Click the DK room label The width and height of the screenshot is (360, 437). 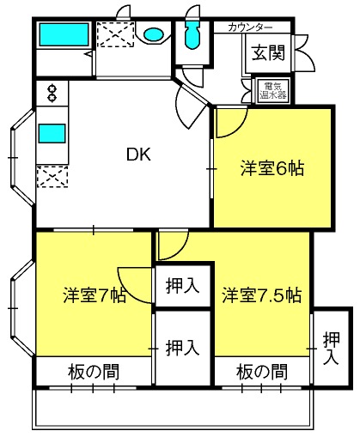138,155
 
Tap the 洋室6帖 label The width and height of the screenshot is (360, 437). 272,168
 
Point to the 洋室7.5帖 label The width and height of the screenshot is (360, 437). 262,294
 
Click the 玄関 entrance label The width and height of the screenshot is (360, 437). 268,52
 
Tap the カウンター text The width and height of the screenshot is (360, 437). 250,27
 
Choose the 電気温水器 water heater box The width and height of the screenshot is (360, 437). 273,90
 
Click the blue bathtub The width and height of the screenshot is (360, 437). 64,34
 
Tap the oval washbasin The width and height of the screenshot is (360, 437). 154,35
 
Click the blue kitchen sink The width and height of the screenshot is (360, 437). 52,133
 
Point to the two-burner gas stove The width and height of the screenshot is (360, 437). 52,93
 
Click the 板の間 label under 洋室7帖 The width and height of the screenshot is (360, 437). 94,372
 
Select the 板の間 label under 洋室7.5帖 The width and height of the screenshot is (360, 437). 262,372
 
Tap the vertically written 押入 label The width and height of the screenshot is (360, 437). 332,348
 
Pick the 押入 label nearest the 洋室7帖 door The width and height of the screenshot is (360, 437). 182,286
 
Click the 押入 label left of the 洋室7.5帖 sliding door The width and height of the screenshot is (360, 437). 182,348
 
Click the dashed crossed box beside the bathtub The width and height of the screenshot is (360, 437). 115,34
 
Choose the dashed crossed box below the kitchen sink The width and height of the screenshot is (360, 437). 52,177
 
